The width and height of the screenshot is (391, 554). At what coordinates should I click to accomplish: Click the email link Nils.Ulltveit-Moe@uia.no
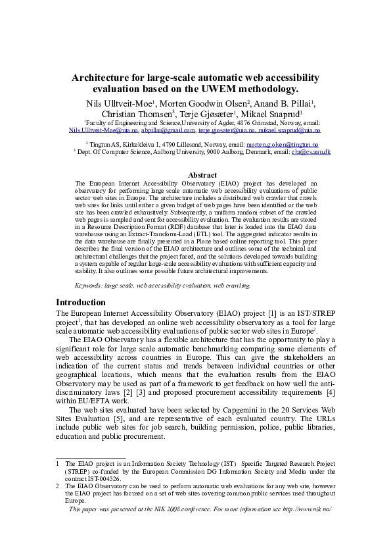coord(103,130)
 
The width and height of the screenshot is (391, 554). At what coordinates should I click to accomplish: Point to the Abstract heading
coord(202,175)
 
